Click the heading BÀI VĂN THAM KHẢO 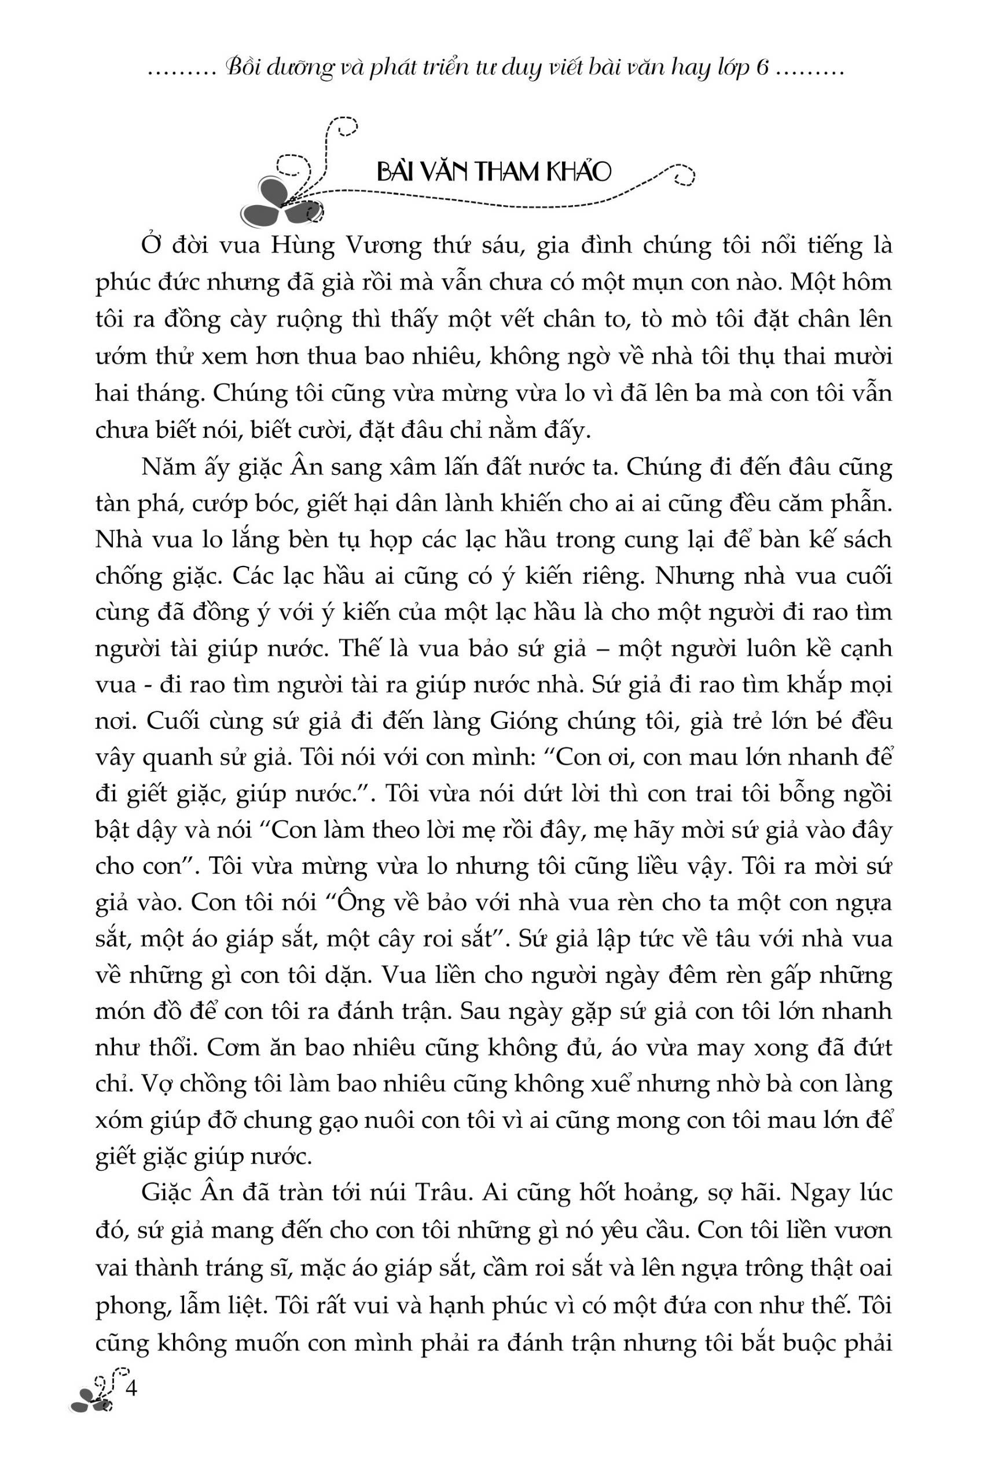(x=493, y=171)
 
